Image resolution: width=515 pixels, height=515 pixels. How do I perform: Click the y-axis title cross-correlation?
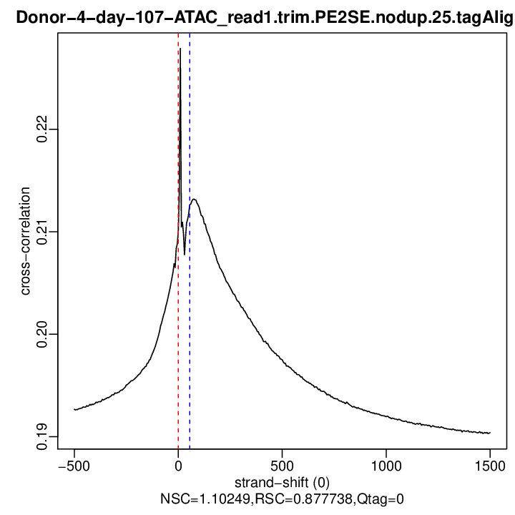(26, 241)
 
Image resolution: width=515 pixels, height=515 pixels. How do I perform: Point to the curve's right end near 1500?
(490, 433)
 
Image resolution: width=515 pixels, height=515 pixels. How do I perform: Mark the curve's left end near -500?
(74, 410)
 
